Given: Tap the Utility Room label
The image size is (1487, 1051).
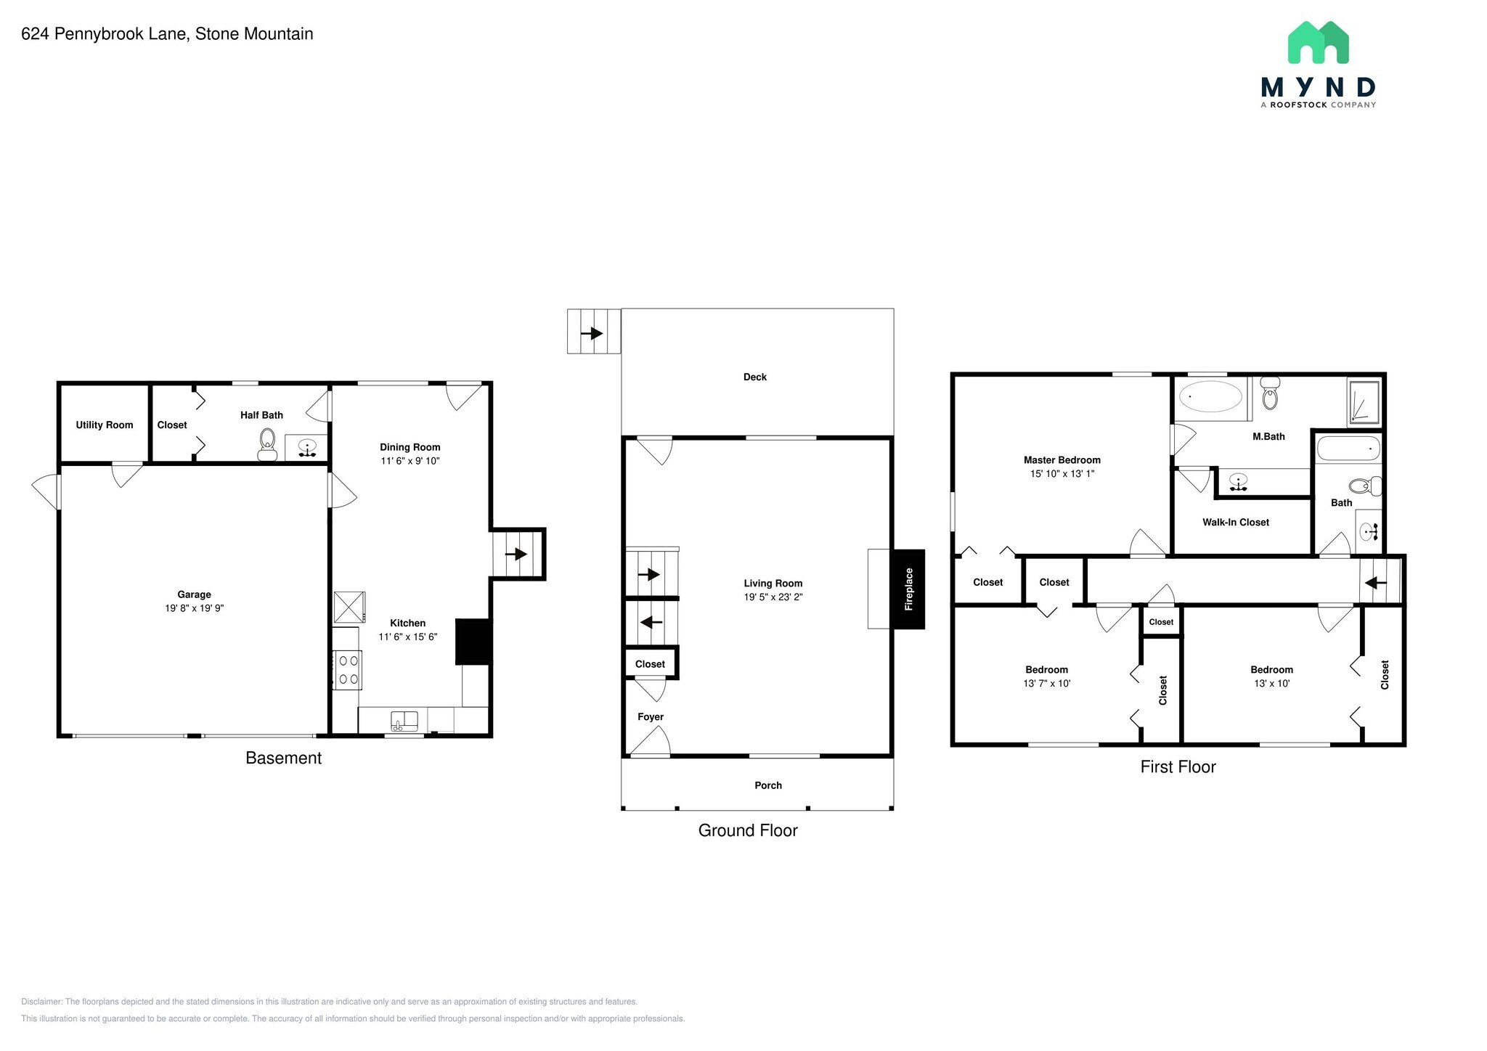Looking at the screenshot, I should click(105, 425).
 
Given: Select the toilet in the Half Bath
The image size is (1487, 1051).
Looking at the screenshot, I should click(267, 443).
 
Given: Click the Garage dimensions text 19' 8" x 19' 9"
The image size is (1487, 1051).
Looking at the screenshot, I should click(194, 608).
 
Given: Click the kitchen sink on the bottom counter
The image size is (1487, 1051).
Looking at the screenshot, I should click(404, 721).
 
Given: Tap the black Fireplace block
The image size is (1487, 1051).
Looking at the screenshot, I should click(908, 589).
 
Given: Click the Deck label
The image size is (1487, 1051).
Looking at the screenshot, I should click(754, 377).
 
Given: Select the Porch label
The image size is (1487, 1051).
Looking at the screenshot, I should click(767, 785).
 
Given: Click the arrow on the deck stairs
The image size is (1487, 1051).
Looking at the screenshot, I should click(594, 333).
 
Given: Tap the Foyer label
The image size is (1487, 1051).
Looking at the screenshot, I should click(650, 717).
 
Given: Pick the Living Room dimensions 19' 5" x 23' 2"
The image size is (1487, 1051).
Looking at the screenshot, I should click(773, 597).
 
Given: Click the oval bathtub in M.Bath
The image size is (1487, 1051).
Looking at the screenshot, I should click(1210, 397).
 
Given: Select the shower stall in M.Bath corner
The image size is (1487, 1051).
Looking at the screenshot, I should click(1364, 401).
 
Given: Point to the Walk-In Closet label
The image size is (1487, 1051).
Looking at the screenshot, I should click(1235, 522).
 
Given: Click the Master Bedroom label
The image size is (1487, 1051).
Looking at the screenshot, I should click(1062, 459).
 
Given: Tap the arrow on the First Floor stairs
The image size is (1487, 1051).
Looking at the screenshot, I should click(1376, 582).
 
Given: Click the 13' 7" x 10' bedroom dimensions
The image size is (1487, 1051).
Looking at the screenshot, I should click(1046, 683).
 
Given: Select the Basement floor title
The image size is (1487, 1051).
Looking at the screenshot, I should click(283, 758).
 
